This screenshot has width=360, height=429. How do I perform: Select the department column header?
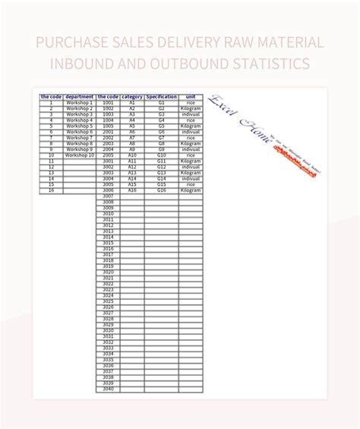pos(80,97)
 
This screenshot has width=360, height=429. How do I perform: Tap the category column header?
pos(131,97)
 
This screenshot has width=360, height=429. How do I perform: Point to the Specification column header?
pos(161,97)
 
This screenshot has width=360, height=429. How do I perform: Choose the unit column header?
pos(191,97)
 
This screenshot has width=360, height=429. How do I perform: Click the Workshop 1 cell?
pos(80,103)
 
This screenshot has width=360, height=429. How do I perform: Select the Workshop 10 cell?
pos(80,155)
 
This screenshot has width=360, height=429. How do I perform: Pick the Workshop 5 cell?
pos(80,126)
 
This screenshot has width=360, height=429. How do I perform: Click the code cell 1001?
pos(108,103)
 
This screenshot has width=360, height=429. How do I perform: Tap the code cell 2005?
pos(108,155)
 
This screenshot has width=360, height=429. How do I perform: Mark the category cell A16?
pos(131,190)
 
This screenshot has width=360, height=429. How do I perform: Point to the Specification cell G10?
pos(161,155)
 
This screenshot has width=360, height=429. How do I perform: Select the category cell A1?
pos(131,103)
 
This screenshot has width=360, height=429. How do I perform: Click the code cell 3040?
pos(108,390)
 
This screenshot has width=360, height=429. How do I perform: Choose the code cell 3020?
pos(108,273)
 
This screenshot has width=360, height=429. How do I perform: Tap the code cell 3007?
pos(108,196)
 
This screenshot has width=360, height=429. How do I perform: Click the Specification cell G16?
pos(161,190)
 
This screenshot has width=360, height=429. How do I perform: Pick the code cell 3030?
pos(108,331)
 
